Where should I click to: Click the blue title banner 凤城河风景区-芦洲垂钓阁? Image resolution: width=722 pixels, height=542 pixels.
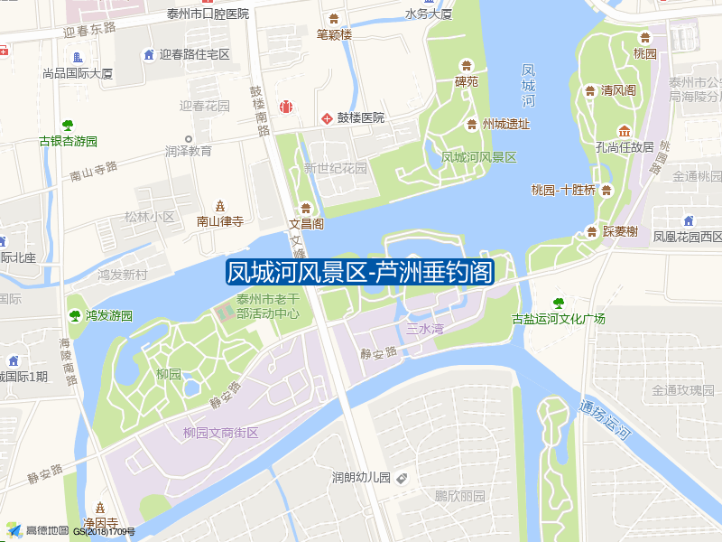click(x=360, y=271)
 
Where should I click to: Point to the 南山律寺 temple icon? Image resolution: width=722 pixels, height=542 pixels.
click(x=220, y=206)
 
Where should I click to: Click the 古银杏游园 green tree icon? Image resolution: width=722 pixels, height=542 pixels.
click(x=68, y=126)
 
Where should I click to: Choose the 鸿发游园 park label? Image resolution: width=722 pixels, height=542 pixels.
click(x=109, y=316)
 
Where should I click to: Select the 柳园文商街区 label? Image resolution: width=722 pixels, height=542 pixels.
click(x=220, y=433)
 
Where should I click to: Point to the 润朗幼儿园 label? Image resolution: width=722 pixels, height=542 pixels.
click(x=360, y=477)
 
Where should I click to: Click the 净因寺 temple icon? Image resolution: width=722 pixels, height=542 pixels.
click(x=100, y=507)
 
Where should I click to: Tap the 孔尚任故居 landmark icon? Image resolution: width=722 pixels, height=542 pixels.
click(x=624, y=130)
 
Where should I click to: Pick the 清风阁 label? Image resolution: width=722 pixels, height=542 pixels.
click(x=619, y=90)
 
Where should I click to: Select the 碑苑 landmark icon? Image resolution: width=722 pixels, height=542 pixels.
click(x=467, y=66)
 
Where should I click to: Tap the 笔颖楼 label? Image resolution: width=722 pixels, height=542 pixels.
click(x=334, y=34)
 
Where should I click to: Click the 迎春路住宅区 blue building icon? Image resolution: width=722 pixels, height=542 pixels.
click(x=148, y=55)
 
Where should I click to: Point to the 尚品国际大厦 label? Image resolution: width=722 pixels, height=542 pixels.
click(x=78, y=73)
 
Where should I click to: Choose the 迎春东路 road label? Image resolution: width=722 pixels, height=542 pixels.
click(x=90, y=30)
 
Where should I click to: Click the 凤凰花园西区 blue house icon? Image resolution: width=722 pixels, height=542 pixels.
click(x=689, y=220)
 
